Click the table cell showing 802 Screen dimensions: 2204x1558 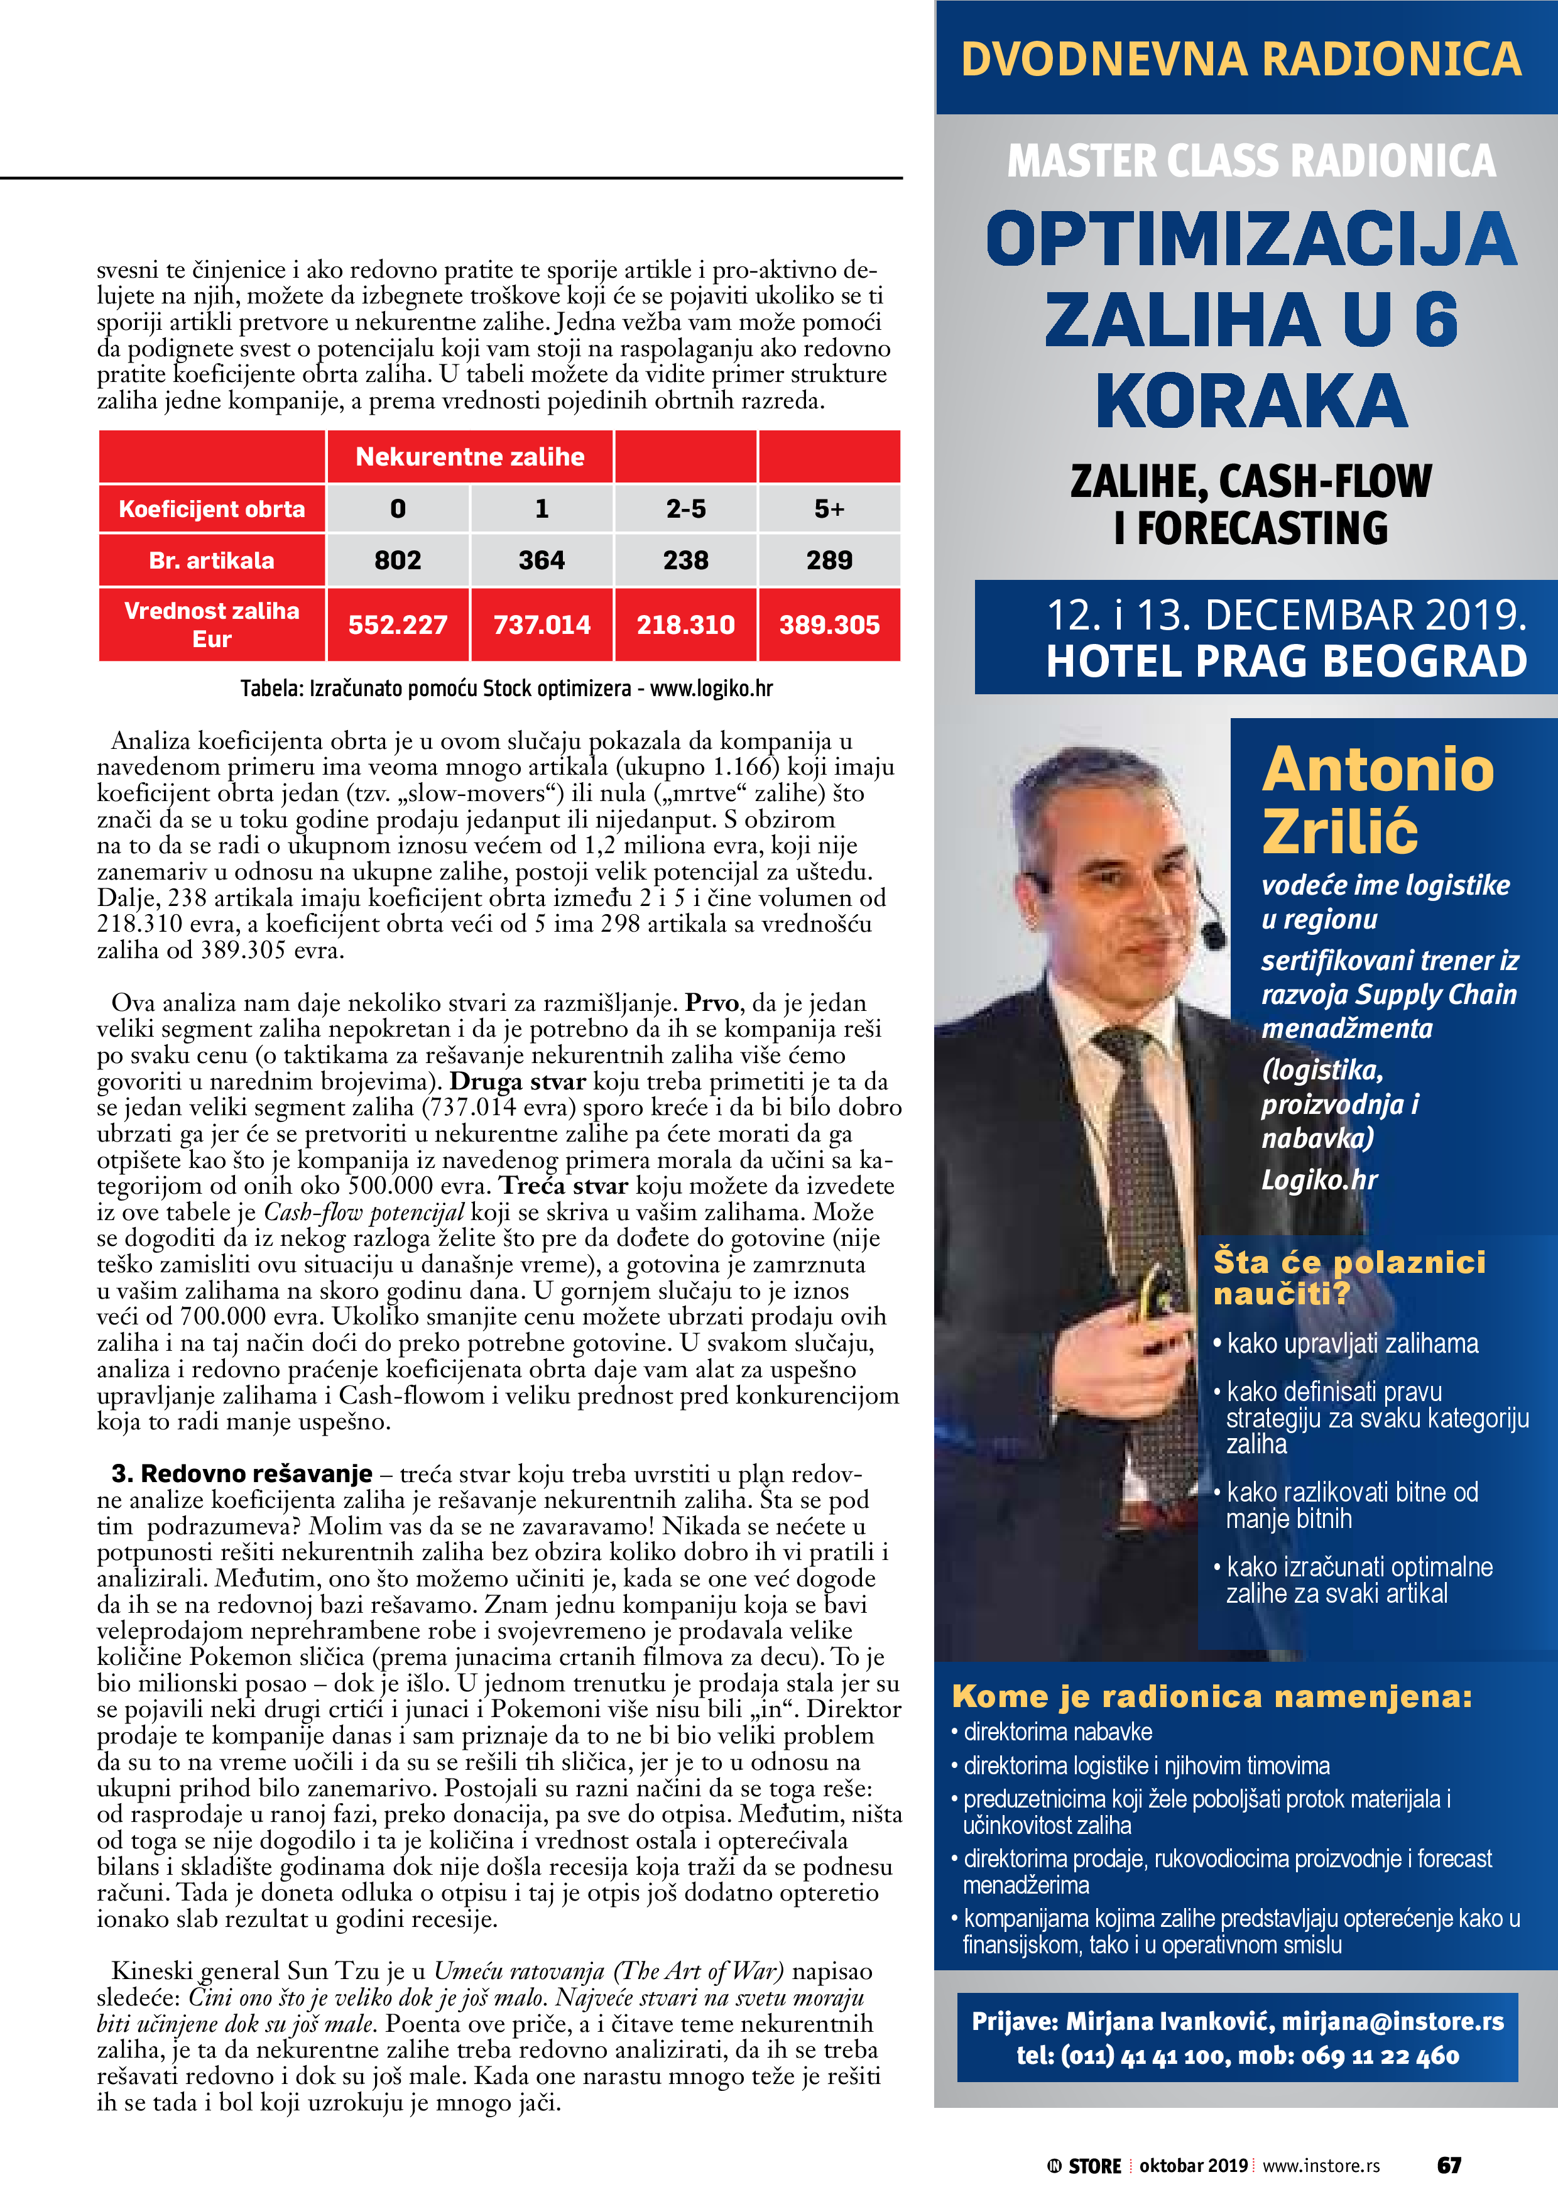pos(398,560)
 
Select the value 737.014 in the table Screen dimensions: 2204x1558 pos(542,625)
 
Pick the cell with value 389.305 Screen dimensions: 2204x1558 pos(829,625)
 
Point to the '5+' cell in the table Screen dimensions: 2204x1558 pos(829,509)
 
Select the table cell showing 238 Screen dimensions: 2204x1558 pos(685,560)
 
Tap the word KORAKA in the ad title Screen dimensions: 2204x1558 pos(1251,401)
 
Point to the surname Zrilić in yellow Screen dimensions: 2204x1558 pos(1339,831)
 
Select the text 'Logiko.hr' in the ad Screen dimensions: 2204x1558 pos(1319,1180)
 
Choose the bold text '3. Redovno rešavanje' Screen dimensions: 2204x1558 pos(242,1473)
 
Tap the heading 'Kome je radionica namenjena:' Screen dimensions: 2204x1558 pos(1211,1696)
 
